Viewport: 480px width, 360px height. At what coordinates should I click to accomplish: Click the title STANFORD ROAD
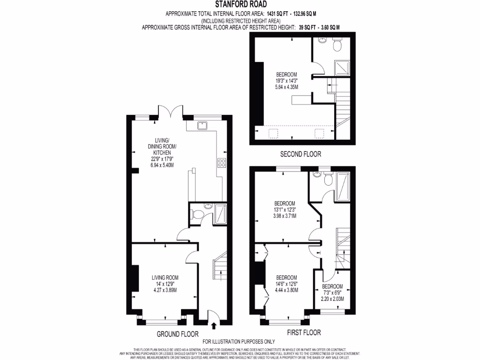tap(240, 5)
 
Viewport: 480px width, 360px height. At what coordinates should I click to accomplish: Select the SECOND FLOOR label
tap(300, 154)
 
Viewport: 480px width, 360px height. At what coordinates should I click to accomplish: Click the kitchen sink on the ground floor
tap(203, 125)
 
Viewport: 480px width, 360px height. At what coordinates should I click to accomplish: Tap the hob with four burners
tap(222, 163)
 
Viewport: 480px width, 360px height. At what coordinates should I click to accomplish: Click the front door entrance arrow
tap(214, 324)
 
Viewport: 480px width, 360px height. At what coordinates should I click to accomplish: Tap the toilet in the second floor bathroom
tap(337, 45)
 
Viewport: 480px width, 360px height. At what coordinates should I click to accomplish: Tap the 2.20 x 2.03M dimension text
tap(332, 299)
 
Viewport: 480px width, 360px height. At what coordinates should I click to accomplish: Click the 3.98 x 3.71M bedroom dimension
tap(285, 216)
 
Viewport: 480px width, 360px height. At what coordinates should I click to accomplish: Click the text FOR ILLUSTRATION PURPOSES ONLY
tap(238, 342)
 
